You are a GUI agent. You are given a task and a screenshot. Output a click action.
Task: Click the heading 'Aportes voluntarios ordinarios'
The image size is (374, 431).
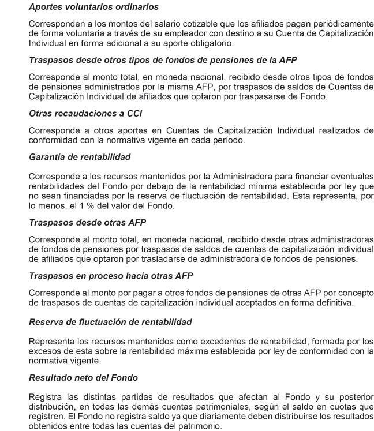tap(93, 8)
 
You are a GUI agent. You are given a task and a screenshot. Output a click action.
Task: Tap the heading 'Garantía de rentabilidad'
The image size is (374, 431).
tap(80, 156)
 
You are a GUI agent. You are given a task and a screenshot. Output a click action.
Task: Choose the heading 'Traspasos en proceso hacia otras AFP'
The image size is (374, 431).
tap(111, 276)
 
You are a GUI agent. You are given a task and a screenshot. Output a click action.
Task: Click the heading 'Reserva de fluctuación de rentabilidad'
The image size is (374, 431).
tap(110, 321)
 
